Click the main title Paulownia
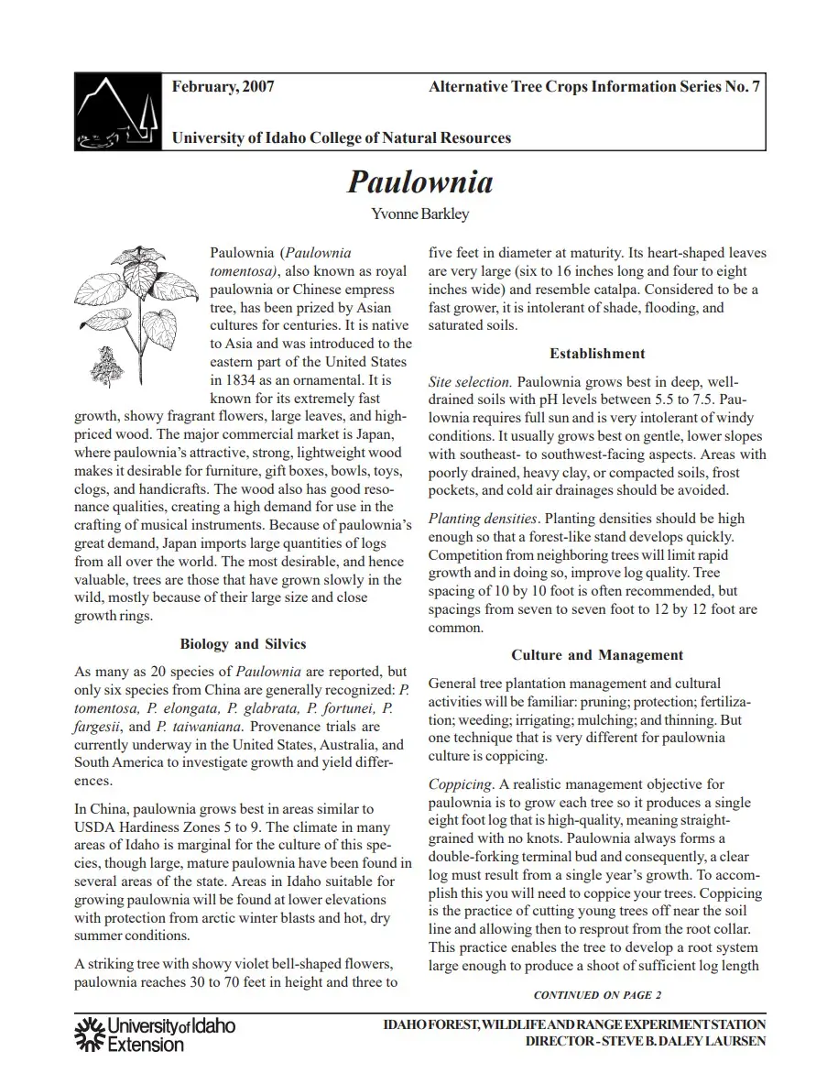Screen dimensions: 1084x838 419,181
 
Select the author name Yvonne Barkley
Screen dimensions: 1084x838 419,214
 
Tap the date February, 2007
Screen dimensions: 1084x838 223,88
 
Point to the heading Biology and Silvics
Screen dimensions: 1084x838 243,644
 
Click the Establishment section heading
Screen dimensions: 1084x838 597,354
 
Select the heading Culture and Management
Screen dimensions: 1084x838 597,655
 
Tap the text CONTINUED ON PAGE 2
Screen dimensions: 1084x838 597,995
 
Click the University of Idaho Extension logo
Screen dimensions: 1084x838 154,1034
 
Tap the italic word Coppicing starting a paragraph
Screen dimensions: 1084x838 461,784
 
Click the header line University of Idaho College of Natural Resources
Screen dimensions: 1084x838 342,138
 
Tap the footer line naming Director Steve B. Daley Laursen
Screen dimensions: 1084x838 646,1042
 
